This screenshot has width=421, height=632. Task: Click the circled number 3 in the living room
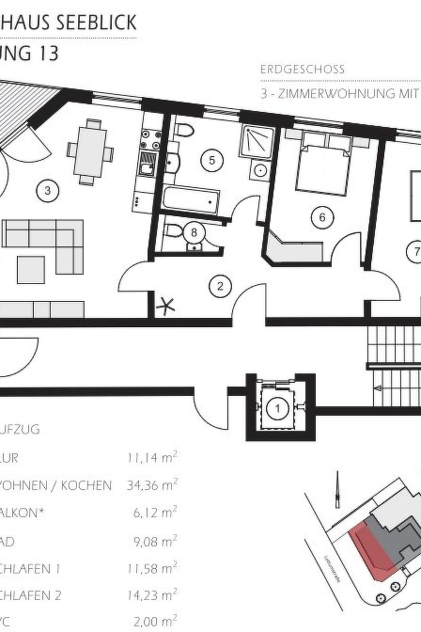coord(48,191)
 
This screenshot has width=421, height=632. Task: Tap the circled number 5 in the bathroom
coord(212,160)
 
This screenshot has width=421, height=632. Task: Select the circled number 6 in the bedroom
coord(322,216)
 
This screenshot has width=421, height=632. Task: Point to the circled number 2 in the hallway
coord(220,286)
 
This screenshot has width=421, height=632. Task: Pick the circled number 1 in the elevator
coord(278,409)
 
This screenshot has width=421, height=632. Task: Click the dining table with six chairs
coord(90,151)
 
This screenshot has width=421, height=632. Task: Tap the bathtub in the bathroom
coord(190,200)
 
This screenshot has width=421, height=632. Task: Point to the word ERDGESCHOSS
coord(302,69)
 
